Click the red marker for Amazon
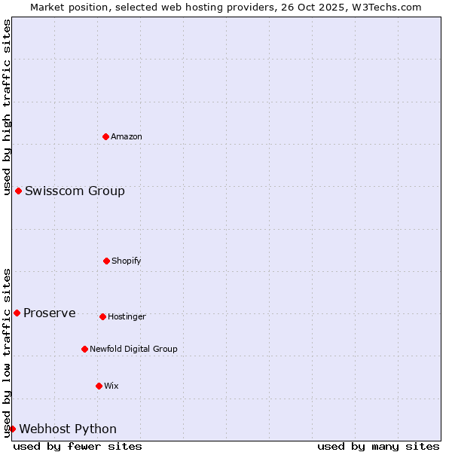pos(105,136)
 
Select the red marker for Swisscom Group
pos(18,191)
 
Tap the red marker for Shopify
pos(106,261)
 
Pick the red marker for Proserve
pos(17,313)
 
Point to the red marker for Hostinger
pos(102,316)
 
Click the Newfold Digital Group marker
pos(84,349)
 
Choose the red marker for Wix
pos(99,386)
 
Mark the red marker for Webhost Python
pos(12,429)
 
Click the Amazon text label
pos(127,136)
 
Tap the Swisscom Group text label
pos(75,191)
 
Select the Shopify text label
pos(127,261)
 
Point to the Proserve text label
pos(50,313)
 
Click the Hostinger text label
pos(127,316)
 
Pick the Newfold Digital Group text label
pos(133,349)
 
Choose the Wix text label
pos(111,386)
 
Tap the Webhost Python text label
pos(68,429)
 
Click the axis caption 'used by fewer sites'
pos(78,446)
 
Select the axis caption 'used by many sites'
pos(378,446)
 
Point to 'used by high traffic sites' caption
pos(7,107)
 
